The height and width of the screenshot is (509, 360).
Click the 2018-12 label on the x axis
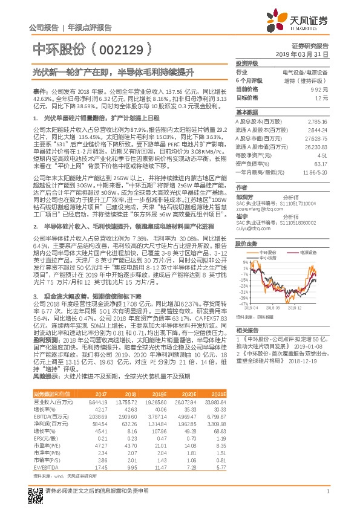coord(294,307)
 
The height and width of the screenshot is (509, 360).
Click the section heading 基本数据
coord(246,112)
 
